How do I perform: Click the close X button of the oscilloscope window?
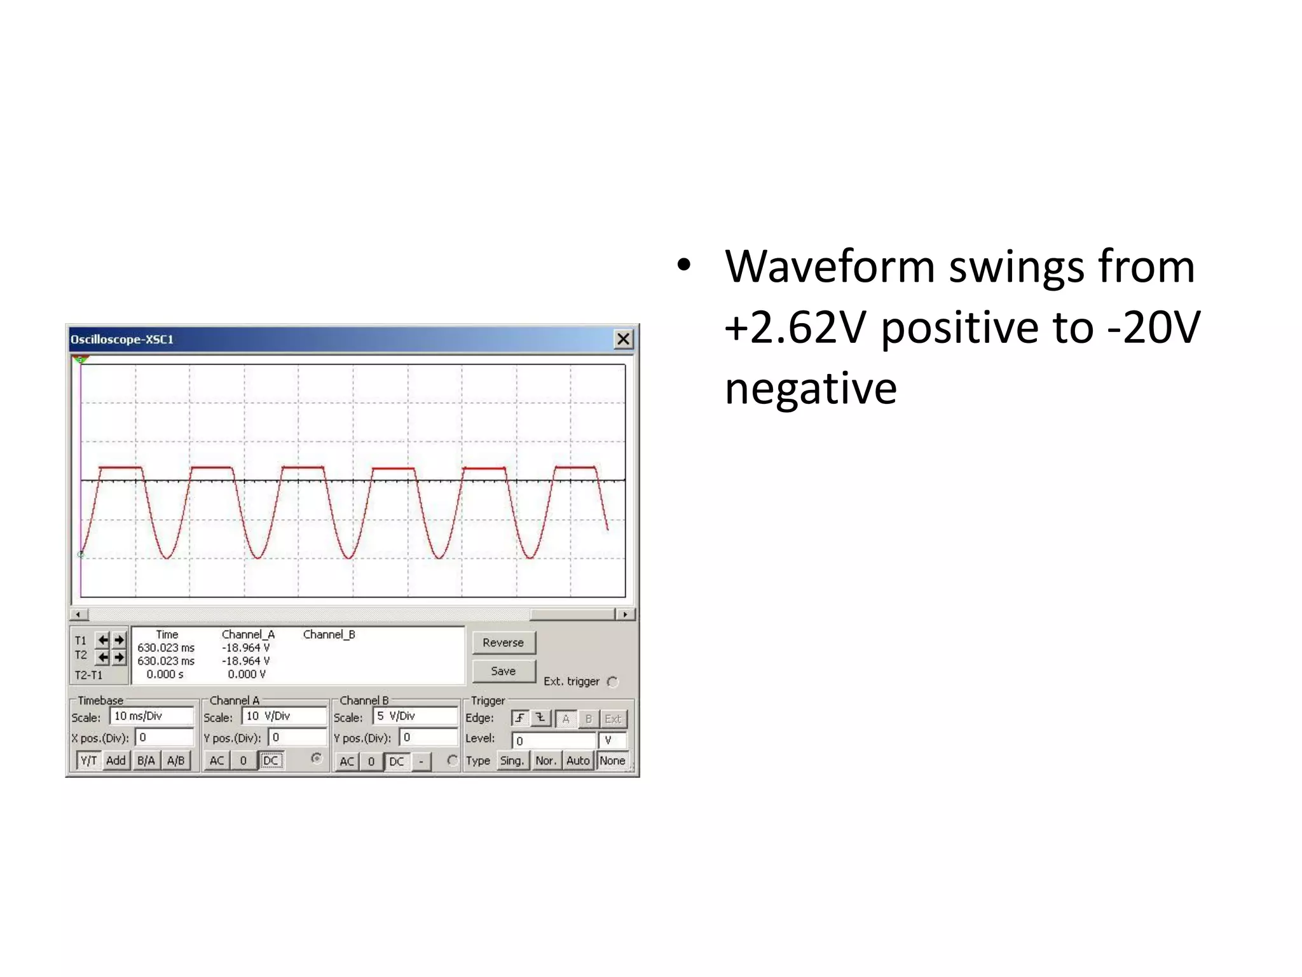pyautogui.click(x=623, y=339)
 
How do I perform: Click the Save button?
pyautogui.click(x=504, y=671)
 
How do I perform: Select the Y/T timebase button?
pyautogui.click(x=89, y=761)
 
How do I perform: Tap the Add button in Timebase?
pyautogui.click(x=116, y=761)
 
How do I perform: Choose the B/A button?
pyautogui.click(x=146, y=761)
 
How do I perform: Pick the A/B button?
pyautogui.click(x=176, y=761)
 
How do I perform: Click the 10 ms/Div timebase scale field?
pyautogui.click(x=151, y=716)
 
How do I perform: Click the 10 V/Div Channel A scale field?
pyautogui.click(x=283, y=716)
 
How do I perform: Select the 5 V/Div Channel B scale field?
pyautogui.click(x=415, y=716)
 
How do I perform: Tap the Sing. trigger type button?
pyautogui.click(x=512, y=761)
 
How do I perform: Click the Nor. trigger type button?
pyautogui.click(x=545, y=761)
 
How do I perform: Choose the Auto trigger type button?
pyautogui.click(x=578, y=761)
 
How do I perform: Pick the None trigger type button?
pyautogui.click(x=612, y=761)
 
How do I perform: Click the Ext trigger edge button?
pyautogui.click(x=613, y=719)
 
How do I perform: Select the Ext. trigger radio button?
pyautogui.click(x=613, y=682)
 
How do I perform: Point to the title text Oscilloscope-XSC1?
pyautogui.click(x=122, y=340)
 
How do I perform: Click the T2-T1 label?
pyautogui.click(x=88, y=675)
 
